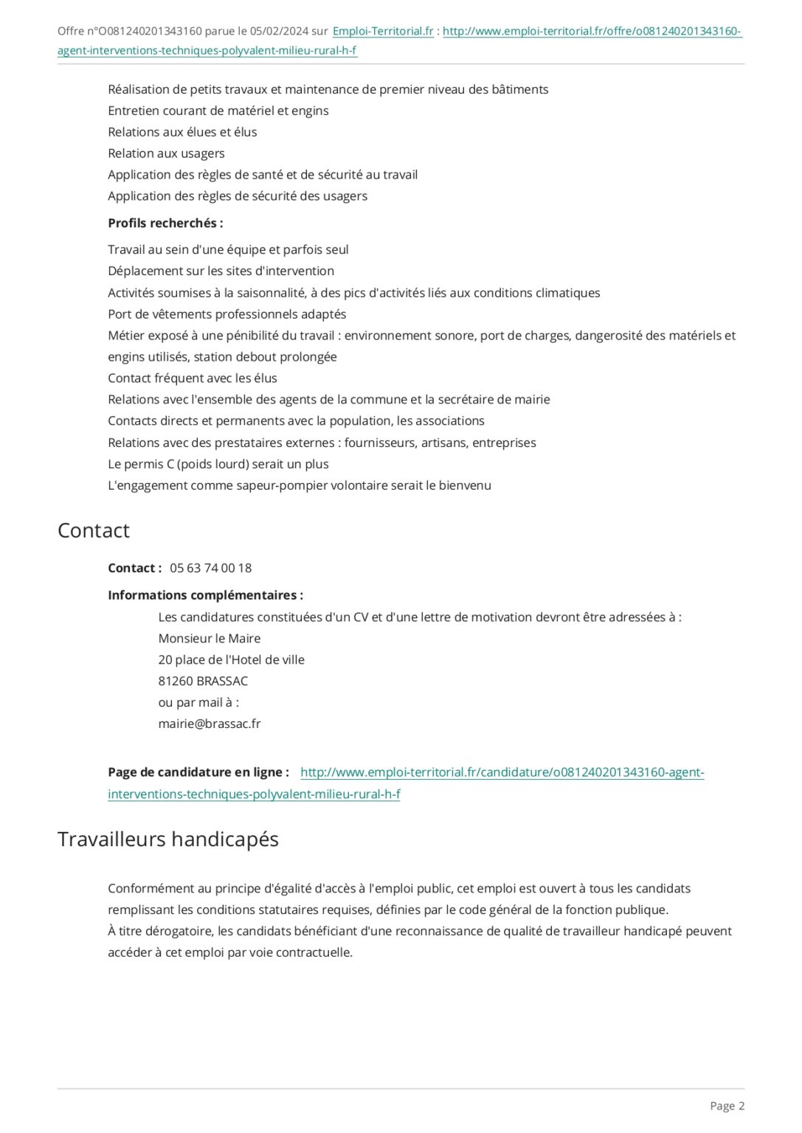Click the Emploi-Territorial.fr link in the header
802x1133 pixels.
(383, 31)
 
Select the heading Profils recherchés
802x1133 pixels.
(165, 223)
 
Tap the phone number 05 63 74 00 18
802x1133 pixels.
(210, 568)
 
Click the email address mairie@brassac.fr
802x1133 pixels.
(210, 724)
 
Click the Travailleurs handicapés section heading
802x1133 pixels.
(168, 839)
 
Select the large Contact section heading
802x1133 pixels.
(94, 530)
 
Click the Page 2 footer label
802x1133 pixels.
(727, 1105)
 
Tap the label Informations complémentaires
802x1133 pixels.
(205, 595)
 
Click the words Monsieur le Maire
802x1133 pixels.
(210, 638)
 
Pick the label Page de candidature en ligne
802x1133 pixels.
(198, 772)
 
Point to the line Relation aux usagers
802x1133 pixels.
(166, 153)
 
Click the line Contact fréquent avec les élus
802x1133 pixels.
(193, 378)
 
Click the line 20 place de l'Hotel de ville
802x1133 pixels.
(231, 659)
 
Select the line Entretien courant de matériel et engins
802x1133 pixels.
(218, 111)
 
